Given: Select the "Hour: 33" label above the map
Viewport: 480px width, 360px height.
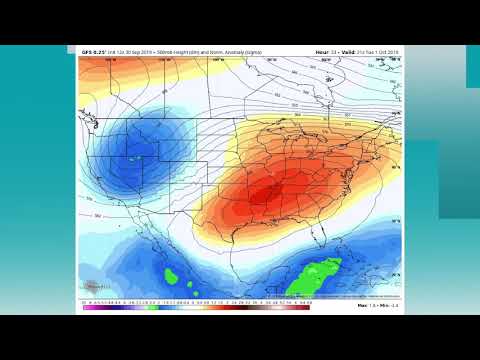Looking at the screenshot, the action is tap(326, 51).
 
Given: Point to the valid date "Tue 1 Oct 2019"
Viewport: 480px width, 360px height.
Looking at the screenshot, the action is tap(384, 51).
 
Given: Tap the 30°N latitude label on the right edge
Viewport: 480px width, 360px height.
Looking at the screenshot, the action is tap(396, 222).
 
